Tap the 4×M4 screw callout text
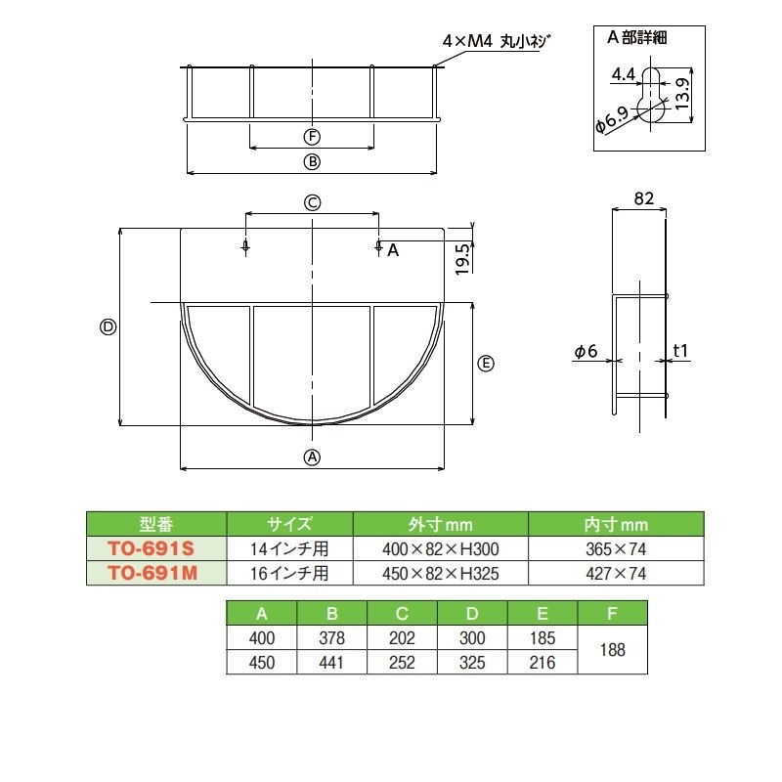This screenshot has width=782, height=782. pos(497,41)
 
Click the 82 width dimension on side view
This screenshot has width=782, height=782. pos(642,198)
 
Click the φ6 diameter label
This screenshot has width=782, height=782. pos(586,351)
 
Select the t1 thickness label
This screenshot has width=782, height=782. pos(681,351)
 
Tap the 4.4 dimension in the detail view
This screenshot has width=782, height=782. pos(623,74)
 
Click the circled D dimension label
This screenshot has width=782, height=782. pos(109,327)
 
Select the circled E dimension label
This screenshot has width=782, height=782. pos(486,364)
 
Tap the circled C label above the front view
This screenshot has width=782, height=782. pos(312,202)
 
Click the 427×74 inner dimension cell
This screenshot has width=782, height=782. pos(616,573)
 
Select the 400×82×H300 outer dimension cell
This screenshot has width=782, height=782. pos(440,548)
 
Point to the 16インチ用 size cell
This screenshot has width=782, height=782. pos(289,573)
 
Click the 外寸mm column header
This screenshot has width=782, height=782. pos(440,524)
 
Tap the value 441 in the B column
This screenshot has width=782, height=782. pos(332,662)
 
